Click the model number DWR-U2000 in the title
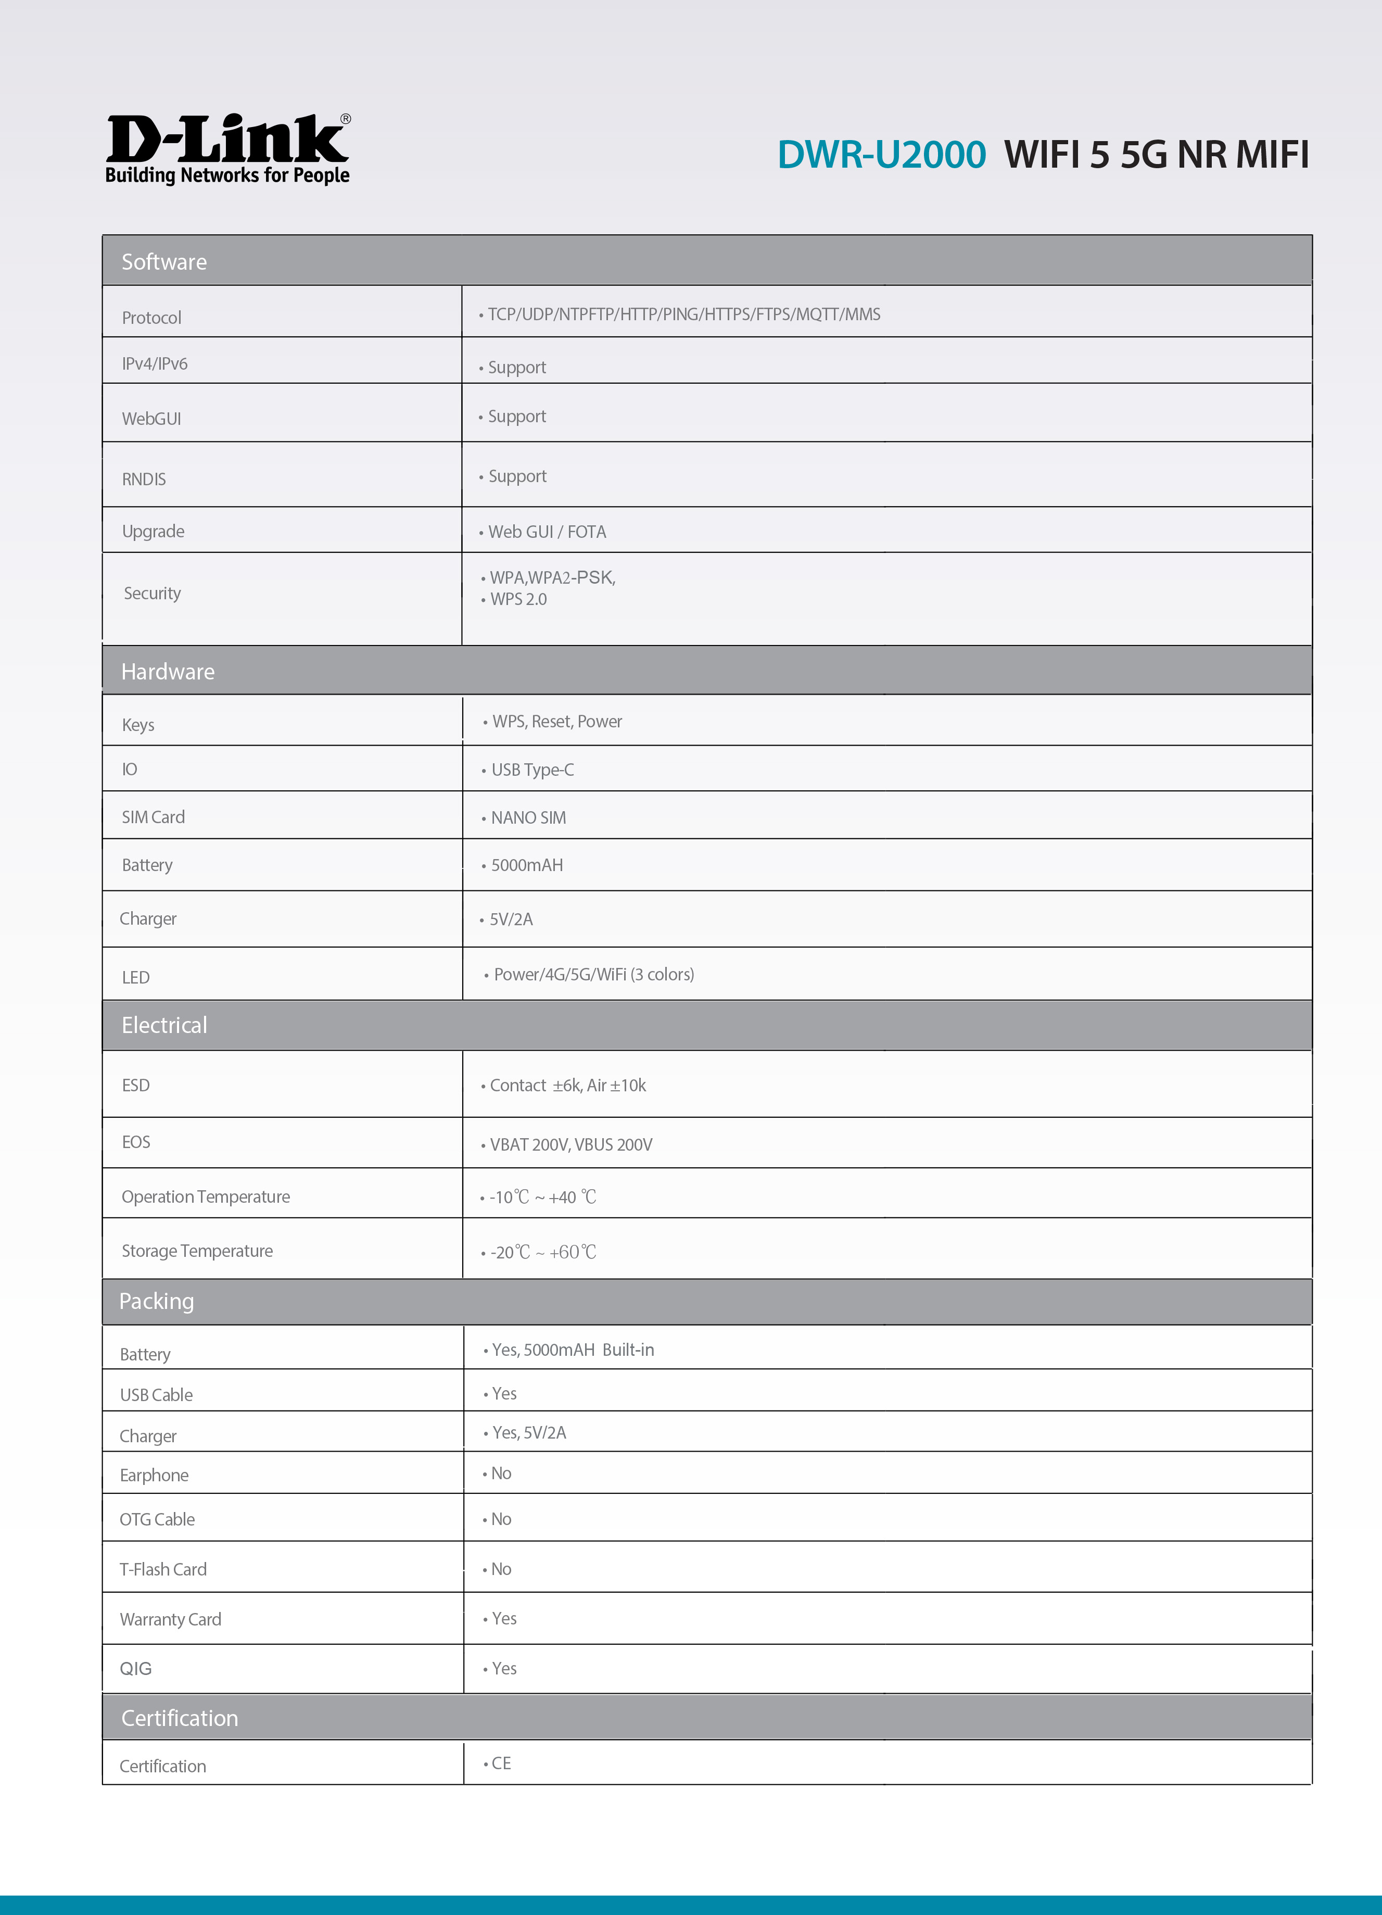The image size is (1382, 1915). [881, 155]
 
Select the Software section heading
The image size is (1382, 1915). [164, 262]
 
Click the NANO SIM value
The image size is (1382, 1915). [528, 817]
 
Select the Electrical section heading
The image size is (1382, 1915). [164, 1025]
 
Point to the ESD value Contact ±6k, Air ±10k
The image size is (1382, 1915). [567, 1085]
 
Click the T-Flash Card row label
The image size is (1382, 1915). [163, 1569]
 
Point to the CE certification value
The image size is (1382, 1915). [501, 1763]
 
